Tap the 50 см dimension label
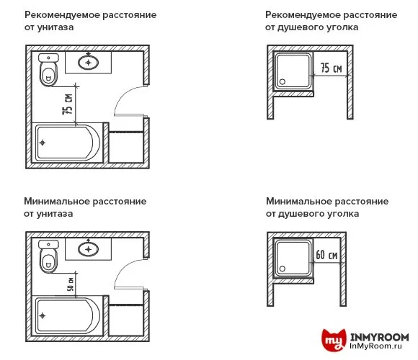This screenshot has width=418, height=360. (70, 283)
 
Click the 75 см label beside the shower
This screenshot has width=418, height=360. (331, 68)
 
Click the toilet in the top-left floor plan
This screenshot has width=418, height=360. (48, 70)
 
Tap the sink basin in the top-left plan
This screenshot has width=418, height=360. (90, 62)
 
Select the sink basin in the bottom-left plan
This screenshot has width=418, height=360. (89, 249)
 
